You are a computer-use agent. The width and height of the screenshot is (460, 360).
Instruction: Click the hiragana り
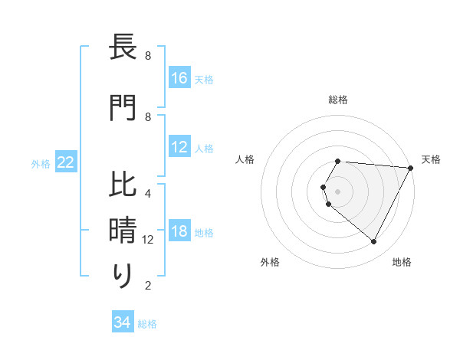tap(123, 276)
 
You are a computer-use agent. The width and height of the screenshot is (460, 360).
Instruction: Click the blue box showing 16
tap(179, 78)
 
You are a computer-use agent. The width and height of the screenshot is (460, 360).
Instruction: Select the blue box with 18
tap(179, 231)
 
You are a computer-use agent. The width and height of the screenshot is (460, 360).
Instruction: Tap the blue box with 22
tap(66, 162)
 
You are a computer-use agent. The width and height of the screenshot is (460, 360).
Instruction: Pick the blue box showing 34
tap(123, 322)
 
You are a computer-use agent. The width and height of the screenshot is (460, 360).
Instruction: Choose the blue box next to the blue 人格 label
tap(179, 147)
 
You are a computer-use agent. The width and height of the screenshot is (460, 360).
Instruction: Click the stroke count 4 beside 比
tap(148, 194)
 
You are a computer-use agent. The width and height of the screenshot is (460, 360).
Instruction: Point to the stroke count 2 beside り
tap(148, 286)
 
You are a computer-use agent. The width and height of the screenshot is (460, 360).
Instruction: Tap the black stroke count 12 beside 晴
tap(148, 240)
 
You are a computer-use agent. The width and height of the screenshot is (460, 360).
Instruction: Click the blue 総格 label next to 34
tap(147, 324)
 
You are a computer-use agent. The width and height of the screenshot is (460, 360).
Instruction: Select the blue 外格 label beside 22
tap(41, 163)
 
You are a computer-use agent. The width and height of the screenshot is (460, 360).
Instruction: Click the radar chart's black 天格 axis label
tap(431, 159)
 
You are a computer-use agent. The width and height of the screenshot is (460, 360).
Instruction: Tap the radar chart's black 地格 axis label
tap(402, 262)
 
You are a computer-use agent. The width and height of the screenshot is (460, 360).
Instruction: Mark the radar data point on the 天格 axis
tap(411, 167)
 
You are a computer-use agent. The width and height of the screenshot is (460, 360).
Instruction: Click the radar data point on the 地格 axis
tap(374, 242)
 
